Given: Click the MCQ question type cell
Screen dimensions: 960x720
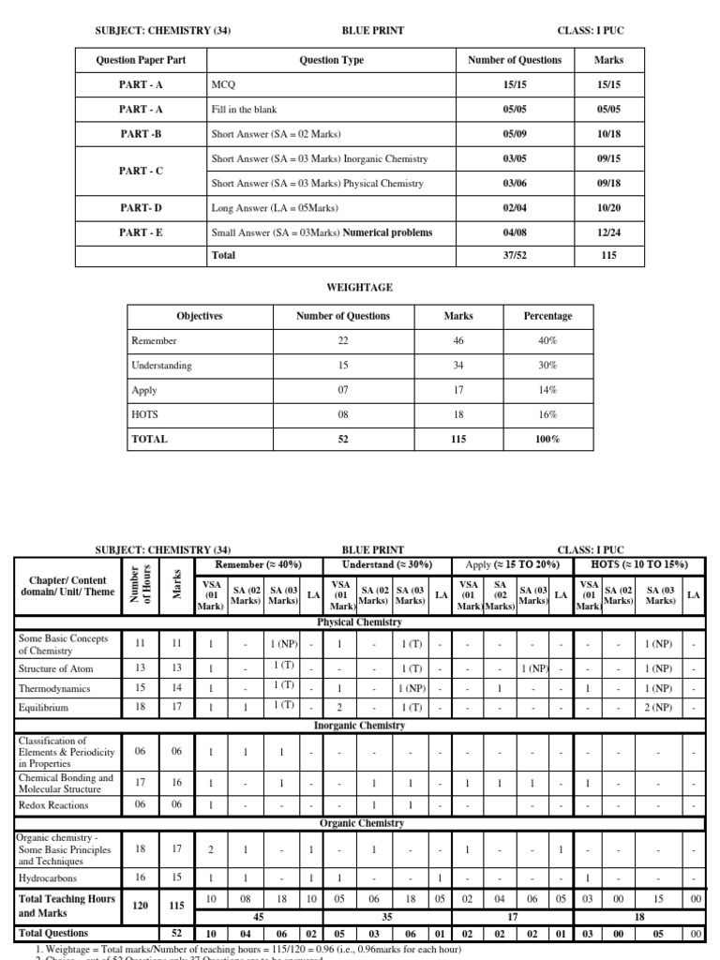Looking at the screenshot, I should pos(222,84).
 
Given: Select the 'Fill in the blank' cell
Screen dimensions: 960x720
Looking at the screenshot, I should pos(244,109).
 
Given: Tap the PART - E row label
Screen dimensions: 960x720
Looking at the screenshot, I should pos(141,232).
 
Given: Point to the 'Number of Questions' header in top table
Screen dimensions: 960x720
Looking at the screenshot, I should pos(515,60).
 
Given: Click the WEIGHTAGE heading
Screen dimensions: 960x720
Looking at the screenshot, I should pos(360,287).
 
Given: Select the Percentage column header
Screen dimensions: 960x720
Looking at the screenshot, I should pos(547,316).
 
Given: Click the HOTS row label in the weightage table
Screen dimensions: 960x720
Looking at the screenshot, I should pos(143,414).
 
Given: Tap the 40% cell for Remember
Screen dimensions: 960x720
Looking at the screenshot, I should pos(547,341).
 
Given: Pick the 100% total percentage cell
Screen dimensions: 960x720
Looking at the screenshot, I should pos(547,439).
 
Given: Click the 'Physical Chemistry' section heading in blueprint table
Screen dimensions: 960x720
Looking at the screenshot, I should pos(360,622).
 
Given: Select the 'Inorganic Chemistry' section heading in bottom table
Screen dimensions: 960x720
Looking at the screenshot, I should pos(360,726).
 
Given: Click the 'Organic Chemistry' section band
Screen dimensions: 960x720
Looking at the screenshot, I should pos(360,823).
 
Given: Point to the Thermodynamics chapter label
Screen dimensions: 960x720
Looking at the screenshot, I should pos(53,688).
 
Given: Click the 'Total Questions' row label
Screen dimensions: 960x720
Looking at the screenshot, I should pos(53,933).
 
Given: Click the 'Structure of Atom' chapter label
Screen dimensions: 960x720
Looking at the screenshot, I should pos(55,668).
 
